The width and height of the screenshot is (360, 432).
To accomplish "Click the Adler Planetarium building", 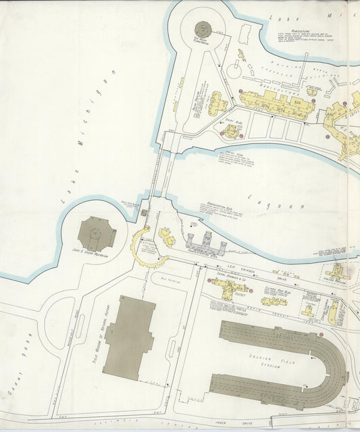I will point(203,29).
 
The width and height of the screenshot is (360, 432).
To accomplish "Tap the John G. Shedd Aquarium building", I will point(97,234).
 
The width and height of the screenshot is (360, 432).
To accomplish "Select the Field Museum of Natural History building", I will point(129,337).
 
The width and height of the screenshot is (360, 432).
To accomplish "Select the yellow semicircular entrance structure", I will point(145,247).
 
